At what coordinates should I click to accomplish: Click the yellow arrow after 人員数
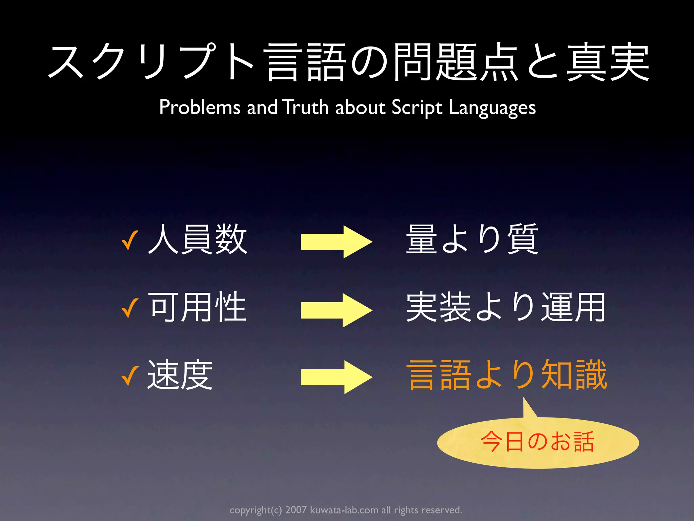click(x=336, y=242)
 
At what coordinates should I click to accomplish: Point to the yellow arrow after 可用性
click(x=336, y=310)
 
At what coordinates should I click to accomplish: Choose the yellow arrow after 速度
click(x=336, y=377)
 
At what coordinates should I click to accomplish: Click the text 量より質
click(x=472, y=239)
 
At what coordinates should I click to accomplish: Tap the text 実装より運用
click(x=506, y=307)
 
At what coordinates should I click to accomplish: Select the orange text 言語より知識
click(x=507, y=375)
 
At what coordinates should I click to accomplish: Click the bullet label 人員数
click(x=198, y=239)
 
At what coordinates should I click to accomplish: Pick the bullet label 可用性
click(x=198, y=307)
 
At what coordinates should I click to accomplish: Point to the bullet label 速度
click(x=180, y=375)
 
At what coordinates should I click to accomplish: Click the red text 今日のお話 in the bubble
click(x=537, y=442)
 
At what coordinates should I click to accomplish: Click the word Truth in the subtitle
click(x=305, y=107)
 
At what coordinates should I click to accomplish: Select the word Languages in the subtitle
click(x=492, y=108)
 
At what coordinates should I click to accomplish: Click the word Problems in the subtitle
click(x=200, y=107)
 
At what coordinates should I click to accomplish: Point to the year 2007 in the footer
click(x=296, y=510)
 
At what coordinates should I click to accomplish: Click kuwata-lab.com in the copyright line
click(x=344, y=510)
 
